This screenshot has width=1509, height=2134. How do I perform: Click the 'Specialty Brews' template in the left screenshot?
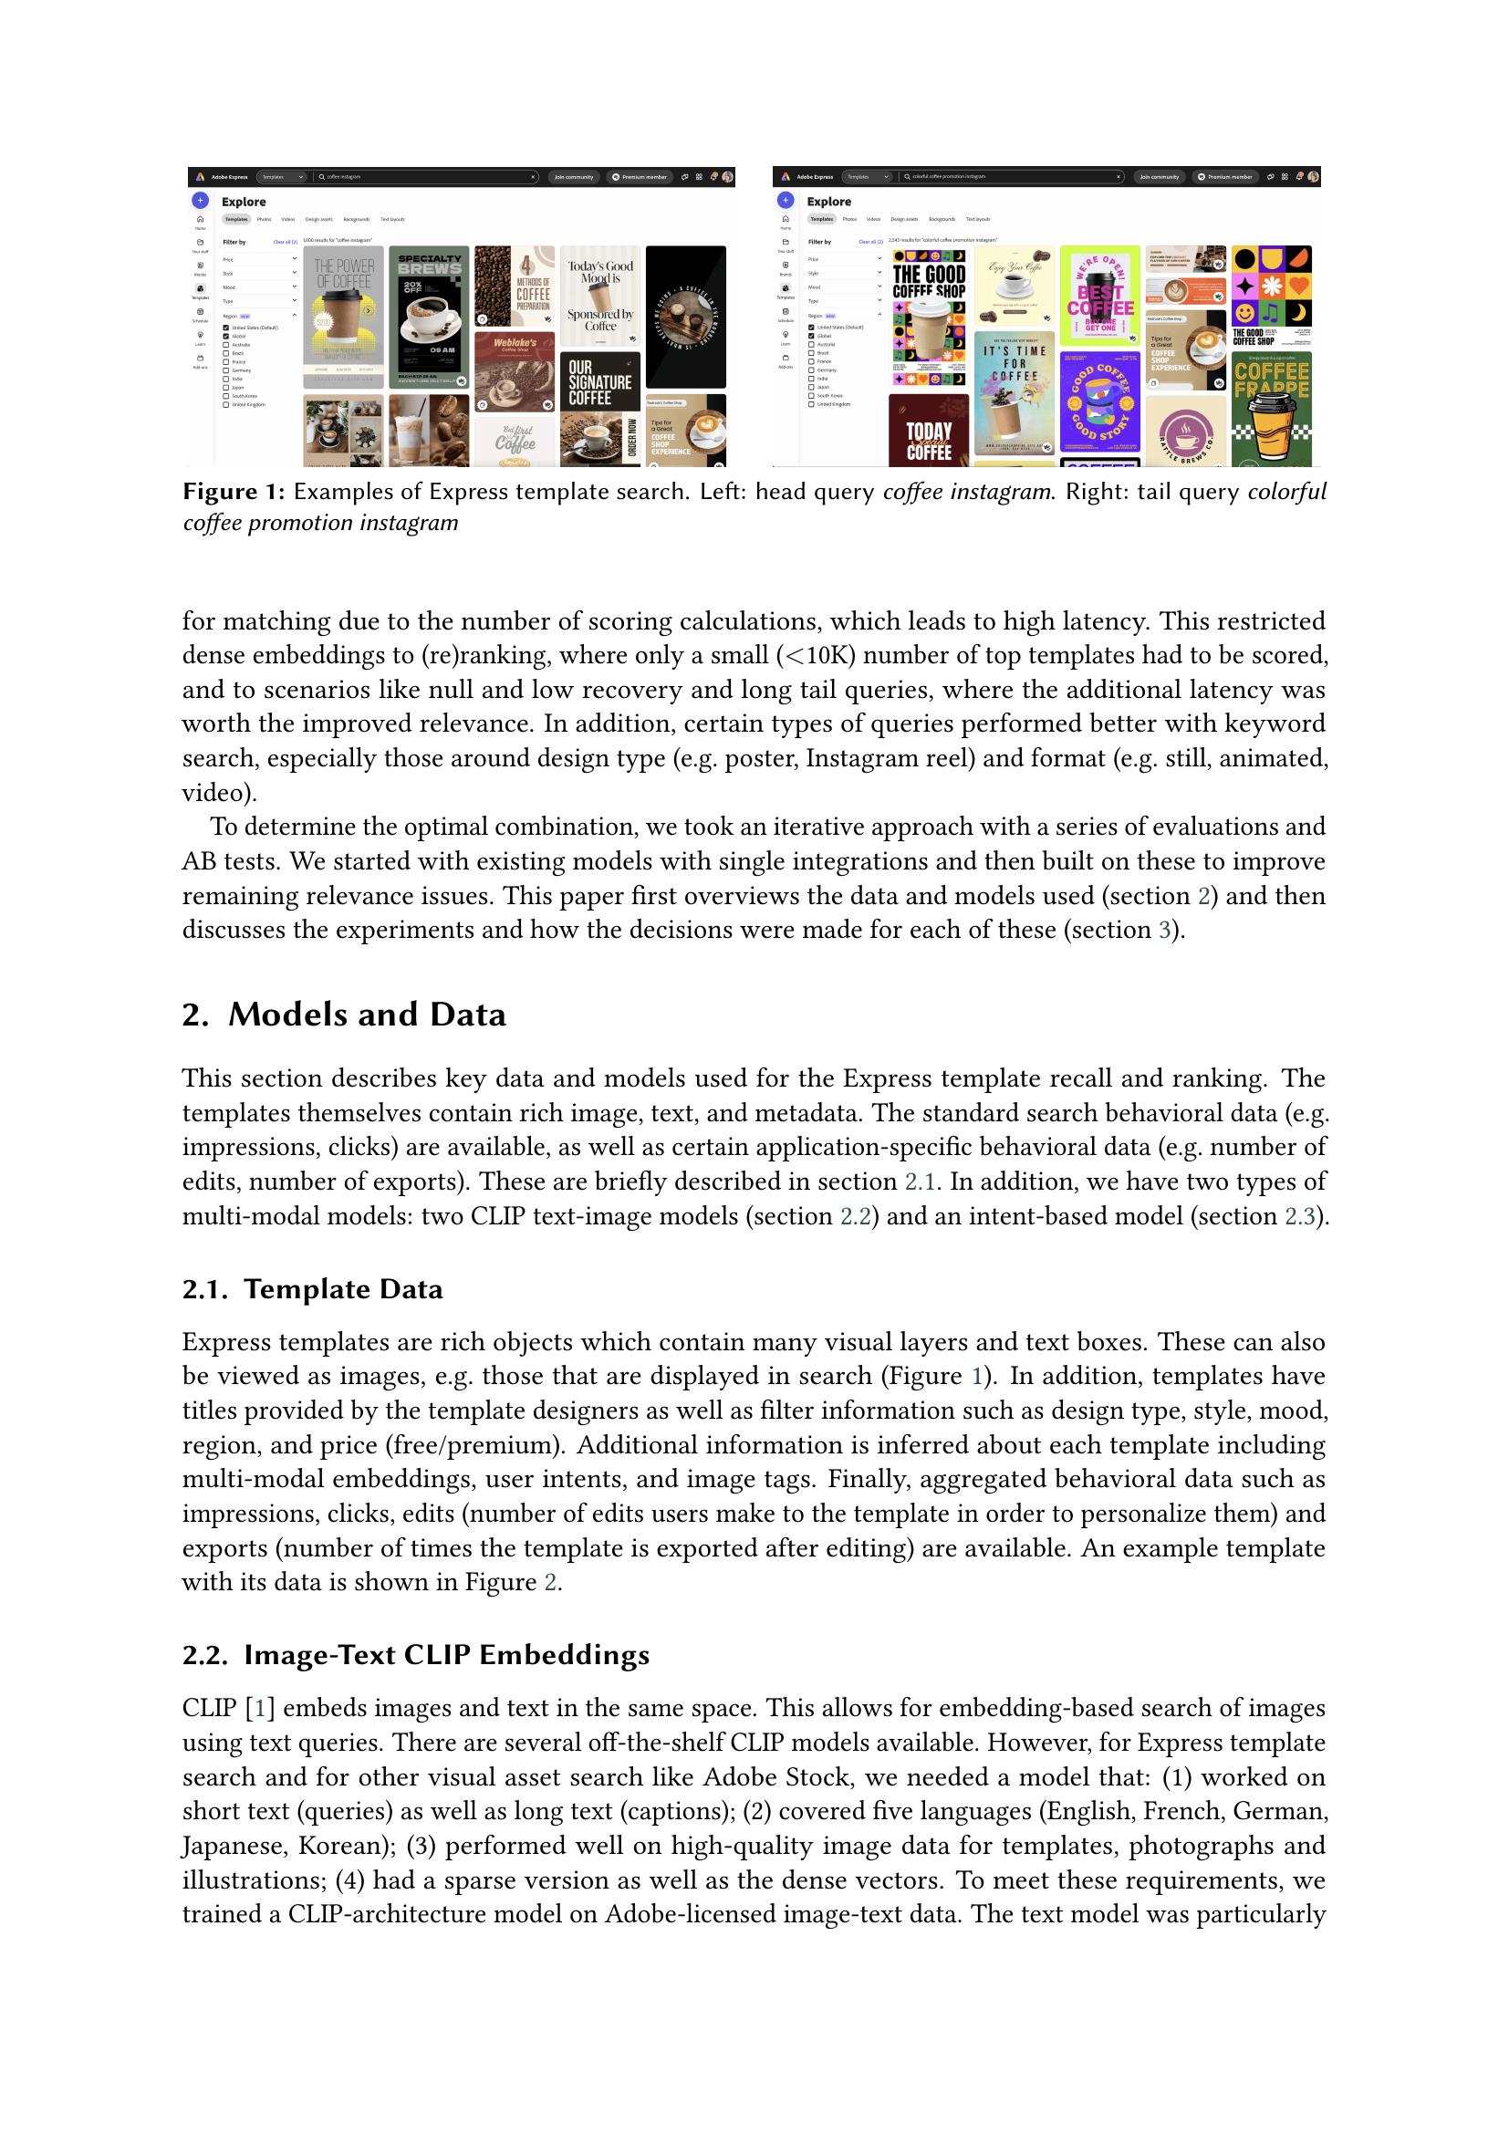coord(429,316)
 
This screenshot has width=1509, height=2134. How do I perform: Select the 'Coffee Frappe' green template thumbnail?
coord(1271,409)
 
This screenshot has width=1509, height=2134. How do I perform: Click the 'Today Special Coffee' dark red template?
coord(928,431)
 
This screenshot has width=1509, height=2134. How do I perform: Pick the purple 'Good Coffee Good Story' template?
coord(1099,401)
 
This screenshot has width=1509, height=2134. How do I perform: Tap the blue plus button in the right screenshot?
coord(786,200)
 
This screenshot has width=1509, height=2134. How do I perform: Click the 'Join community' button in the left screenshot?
coord(573,177)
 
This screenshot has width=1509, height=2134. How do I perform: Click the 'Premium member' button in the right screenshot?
coord(1225,177)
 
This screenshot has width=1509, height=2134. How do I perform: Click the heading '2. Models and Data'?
coord(344,1014)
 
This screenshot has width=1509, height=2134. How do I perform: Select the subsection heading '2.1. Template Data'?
coord(312,1289)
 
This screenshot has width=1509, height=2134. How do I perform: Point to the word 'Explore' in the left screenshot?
coord(244,202)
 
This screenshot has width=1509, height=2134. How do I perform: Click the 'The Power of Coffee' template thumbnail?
coord(343,316)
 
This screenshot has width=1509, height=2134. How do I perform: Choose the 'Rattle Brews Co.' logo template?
coord(1186,432)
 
